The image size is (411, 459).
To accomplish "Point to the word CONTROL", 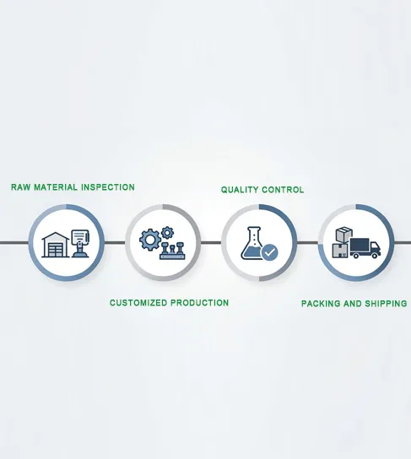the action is click(283, 190).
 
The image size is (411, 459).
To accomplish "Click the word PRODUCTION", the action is click(200, 303).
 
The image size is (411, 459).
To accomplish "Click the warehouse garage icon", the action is click(56, 245).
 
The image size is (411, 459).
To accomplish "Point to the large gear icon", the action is click(150, 240).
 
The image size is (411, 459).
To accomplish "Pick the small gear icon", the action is click(167, 233).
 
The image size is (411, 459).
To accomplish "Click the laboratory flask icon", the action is click(252, 243).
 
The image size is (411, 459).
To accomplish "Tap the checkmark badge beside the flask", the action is click(270, 252).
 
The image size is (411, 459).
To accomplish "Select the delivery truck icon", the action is click(365, 248).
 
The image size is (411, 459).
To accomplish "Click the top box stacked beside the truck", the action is click(344, 235).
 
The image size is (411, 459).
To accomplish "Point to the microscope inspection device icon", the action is click(80, 244).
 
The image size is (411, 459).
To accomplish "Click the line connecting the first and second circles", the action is click(115, 243).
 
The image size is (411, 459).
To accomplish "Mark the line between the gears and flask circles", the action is click(211, 243).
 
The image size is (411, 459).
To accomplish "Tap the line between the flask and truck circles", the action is click(308, 243).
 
